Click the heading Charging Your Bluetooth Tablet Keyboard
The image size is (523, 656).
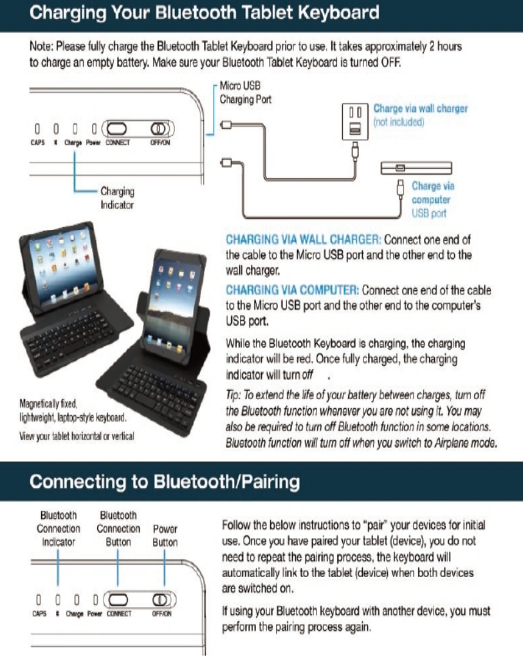[x=205, y=13]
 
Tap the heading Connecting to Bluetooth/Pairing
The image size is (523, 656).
[x=164, y=482]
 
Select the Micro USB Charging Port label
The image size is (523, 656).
[x=245, y=93]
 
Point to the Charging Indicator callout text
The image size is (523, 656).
[x=117, y=197]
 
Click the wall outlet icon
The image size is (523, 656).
[x=354, y=122]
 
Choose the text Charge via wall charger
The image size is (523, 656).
[x=421, y=109]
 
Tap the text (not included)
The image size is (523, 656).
[x=398, y=122]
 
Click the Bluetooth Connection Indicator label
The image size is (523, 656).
[x=59, y=529]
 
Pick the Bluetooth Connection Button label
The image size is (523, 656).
[x=118, y=529]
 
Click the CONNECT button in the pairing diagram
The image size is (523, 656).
[x=119, y=600]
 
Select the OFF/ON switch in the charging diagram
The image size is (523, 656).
[x=161, y=127]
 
